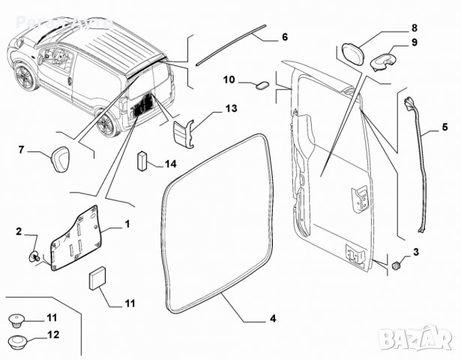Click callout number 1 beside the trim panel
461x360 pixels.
127,224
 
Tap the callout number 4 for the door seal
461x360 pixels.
273,319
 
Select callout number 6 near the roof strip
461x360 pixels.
285,36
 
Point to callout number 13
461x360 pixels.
231,109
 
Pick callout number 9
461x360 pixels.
414,43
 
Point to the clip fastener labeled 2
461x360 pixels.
34,256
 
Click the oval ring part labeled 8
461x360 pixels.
353,54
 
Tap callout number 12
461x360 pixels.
52,334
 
